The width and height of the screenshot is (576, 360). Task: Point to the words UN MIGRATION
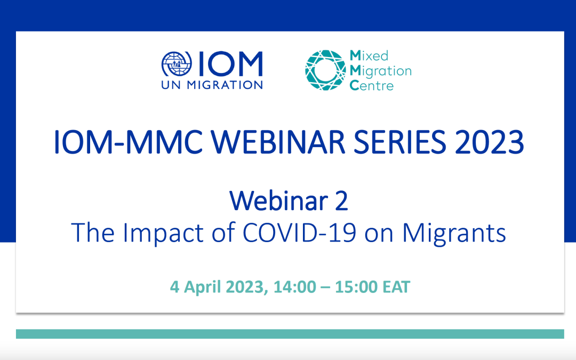coord(212,84)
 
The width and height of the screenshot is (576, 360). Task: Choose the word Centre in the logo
coord(371,85)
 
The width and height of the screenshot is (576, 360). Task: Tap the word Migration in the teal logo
coord(380,70)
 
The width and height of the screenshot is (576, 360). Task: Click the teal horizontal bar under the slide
coord(290,334)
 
